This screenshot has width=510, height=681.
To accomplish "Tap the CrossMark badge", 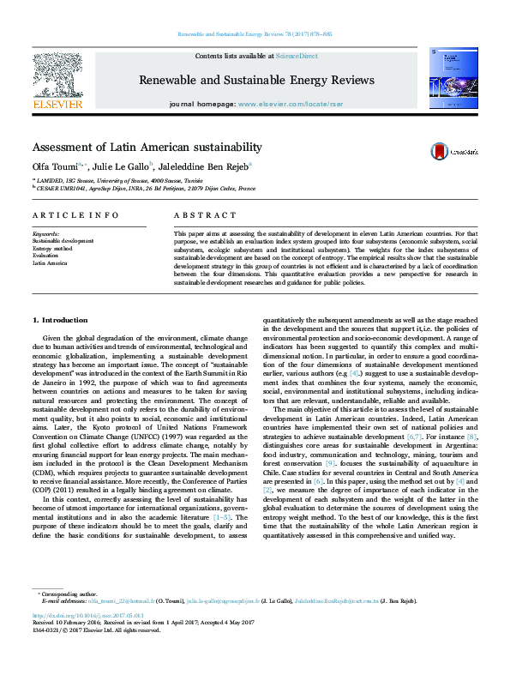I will coord(454,150).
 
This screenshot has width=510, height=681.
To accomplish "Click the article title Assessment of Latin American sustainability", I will coord(147,148).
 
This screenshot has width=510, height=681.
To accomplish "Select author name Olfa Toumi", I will coord(53,166).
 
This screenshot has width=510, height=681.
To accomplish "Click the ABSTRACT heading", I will coord(205,215).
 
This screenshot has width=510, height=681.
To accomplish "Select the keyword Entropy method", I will coord(52,249).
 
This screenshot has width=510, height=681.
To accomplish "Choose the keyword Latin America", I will coord(50,263).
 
